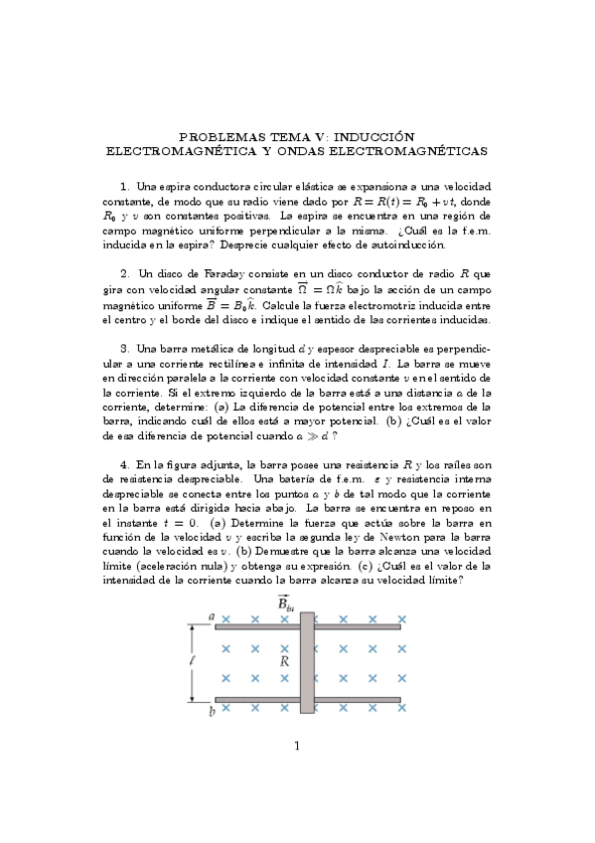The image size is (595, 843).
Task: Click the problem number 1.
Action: pos(124,186)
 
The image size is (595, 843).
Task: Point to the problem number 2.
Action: pos(124,272)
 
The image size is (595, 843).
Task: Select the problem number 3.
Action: pos(124,349)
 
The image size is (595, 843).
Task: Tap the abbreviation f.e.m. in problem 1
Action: pos(472,229)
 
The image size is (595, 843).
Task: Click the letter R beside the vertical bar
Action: pos(285,660)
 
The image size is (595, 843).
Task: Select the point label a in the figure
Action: pos(212,617)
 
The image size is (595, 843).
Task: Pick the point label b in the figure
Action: pos(212,712)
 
